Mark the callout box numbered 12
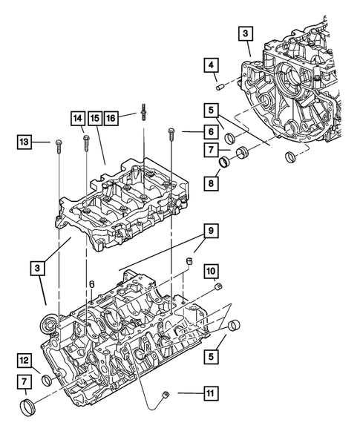tap(24, 361)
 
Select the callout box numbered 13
tap(24, 141)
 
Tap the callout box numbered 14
tap(78, 118)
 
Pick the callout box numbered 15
tap(95, 118)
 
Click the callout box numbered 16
tap(112, 118)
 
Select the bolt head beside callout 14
tap(87, 136)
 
